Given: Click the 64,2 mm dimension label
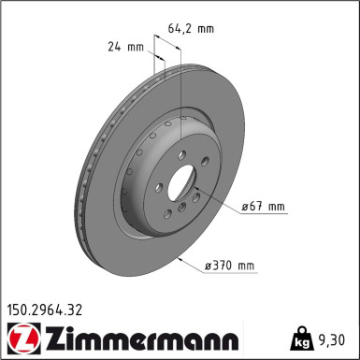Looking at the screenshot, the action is (191, 29).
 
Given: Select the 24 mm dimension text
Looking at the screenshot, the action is (126, 47).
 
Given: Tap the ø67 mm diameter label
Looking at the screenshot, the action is (264, 207).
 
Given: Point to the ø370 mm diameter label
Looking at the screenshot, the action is (229, 266).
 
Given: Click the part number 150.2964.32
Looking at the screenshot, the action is (45, 310).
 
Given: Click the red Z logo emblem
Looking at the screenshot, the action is (23, 338).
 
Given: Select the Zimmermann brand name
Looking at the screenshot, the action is (142, 338).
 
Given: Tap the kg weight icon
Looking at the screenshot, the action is (300, 338).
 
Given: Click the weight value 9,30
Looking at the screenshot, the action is (332, 339).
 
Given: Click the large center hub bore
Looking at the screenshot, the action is (181, 182).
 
